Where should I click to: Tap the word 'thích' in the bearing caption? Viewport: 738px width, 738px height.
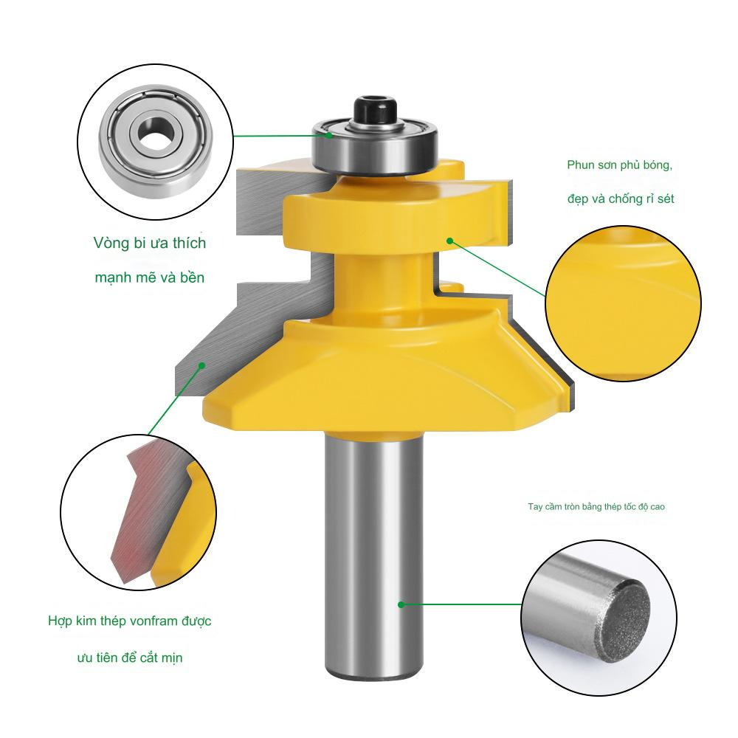[189, 244]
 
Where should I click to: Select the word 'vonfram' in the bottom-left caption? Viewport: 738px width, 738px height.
[154, 621]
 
